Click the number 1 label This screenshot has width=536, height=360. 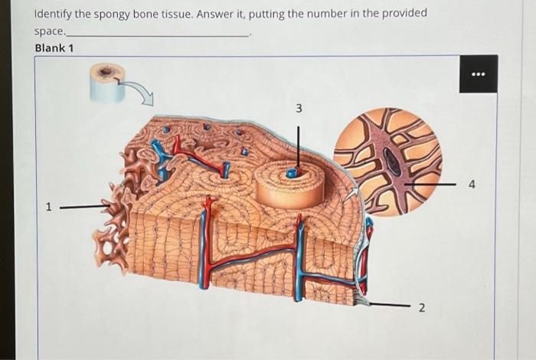click(x=47, y=206)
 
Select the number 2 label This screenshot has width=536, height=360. click(x=420, y=307)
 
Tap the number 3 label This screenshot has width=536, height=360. click(x=299, y=110)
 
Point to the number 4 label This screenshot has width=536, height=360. click(x=472, y=184)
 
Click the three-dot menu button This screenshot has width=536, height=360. click(x=479, y=74)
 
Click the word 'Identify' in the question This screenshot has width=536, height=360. click(x=56, y=15)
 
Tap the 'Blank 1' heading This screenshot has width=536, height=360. click(x=54, y=48)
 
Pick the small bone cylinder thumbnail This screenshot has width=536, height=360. click(x=106, y=83)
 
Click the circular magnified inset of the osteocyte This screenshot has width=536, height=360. click(x=387, y=162)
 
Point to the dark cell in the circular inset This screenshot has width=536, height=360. click(x=392, y=161)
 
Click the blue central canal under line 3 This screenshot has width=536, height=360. click(x=292, y=173)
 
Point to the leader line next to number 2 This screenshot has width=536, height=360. click(x=387, y=305)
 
